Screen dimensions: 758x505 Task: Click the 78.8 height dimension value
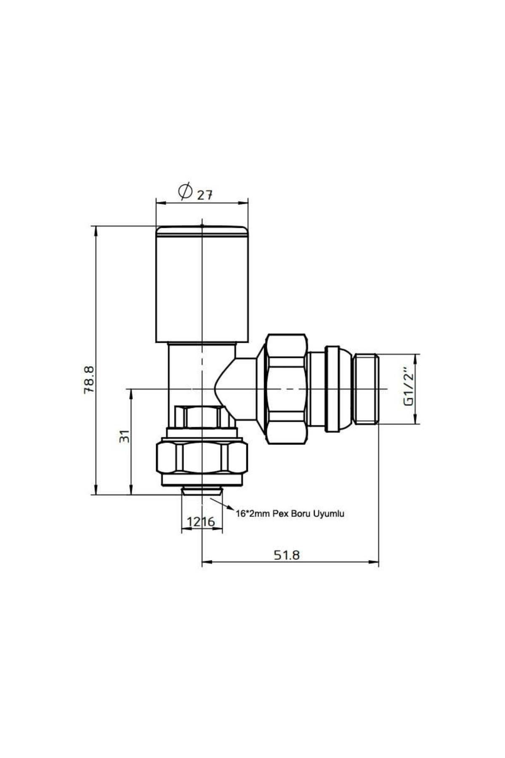(89, 379)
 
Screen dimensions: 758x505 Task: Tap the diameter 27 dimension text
(205, 195)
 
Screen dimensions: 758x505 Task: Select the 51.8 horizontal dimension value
(287, 555)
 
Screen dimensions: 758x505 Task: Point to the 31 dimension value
(124, 436)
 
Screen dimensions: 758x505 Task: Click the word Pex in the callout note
(280, 514)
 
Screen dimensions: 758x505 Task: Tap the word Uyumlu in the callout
(329, 514)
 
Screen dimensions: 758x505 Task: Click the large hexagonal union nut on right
(286, 388)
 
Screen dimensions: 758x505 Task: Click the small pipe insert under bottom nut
(202, 491)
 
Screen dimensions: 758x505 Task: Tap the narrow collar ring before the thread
(332, 388)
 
